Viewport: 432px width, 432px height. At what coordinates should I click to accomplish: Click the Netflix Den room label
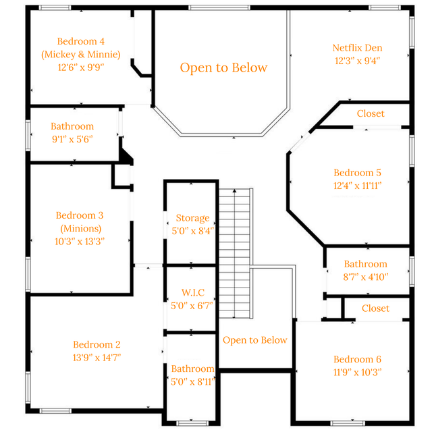coord(357,48)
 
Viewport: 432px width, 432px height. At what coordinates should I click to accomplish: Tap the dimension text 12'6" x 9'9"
coord(81,67)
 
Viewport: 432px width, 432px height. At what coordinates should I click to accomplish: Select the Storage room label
coord(192,218)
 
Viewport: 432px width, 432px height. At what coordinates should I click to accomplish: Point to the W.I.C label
coord(193,292)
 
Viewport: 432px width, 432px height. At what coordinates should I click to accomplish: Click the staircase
coord(236,254)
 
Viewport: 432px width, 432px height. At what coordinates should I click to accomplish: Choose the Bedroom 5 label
coord(357,173)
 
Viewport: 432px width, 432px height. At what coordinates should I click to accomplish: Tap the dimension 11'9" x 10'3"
coord(357,373)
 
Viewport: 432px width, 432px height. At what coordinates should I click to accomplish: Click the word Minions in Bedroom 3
coord(81,228)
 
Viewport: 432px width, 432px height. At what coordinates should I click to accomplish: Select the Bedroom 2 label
coord(97,345)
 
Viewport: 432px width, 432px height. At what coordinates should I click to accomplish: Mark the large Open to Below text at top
coord(223,67)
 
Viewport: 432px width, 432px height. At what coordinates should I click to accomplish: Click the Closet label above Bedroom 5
coord(371,113)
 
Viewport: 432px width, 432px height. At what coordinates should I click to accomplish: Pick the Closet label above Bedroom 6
coord(375,308)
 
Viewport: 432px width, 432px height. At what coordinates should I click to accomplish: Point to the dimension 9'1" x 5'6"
coord(72,140)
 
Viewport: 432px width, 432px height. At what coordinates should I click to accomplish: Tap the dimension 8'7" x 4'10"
coord(366,277)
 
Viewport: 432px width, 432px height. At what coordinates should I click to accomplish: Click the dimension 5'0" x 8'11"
coord(192,382)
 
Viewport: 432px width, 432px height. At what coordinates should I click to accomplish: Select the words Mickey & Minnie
coord(81,54)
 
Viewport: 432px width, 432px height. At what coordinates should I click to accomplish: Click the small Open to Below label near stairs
coord(255,340)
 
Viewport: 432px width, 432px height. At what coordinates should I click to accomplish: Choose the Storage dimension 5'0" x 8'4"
coord(192,231)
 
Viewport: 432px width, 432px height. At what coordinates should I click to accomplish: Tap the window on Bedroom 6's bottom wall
coord(348,423)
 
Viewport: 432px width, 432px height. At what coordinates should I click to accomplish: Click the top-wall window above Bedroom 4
coord(55,7)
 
